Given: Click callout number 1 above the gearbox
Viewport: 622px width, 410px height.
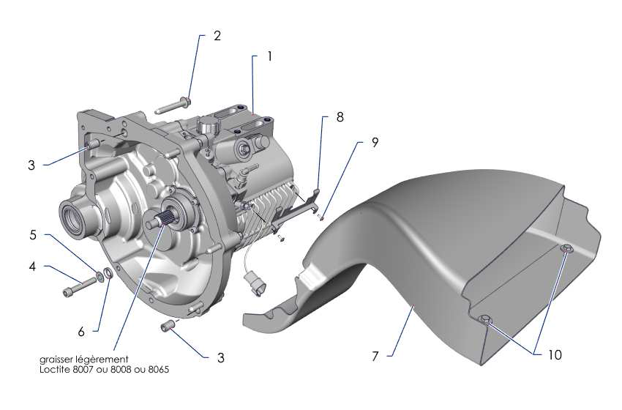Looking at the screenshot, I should tap(270, 56).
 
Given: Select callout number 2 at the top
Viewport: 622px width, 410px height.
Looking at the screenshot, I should tap(217, 35).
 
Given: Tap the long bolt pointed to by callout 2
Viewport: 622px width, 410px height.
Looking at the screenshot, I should tap(173, 108).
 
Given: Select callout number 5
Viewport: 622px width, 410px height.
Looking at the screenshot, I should tap(32, 236).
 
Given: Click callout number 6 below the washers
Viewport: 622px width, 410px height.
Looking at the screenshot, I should tap(81, 331).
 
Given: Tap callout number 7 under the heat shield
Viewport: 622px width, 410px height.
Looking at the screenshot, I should tap(374, 357).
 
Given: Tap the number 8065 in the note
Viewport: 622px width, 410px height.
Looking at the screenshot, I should tap(157, 370).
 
